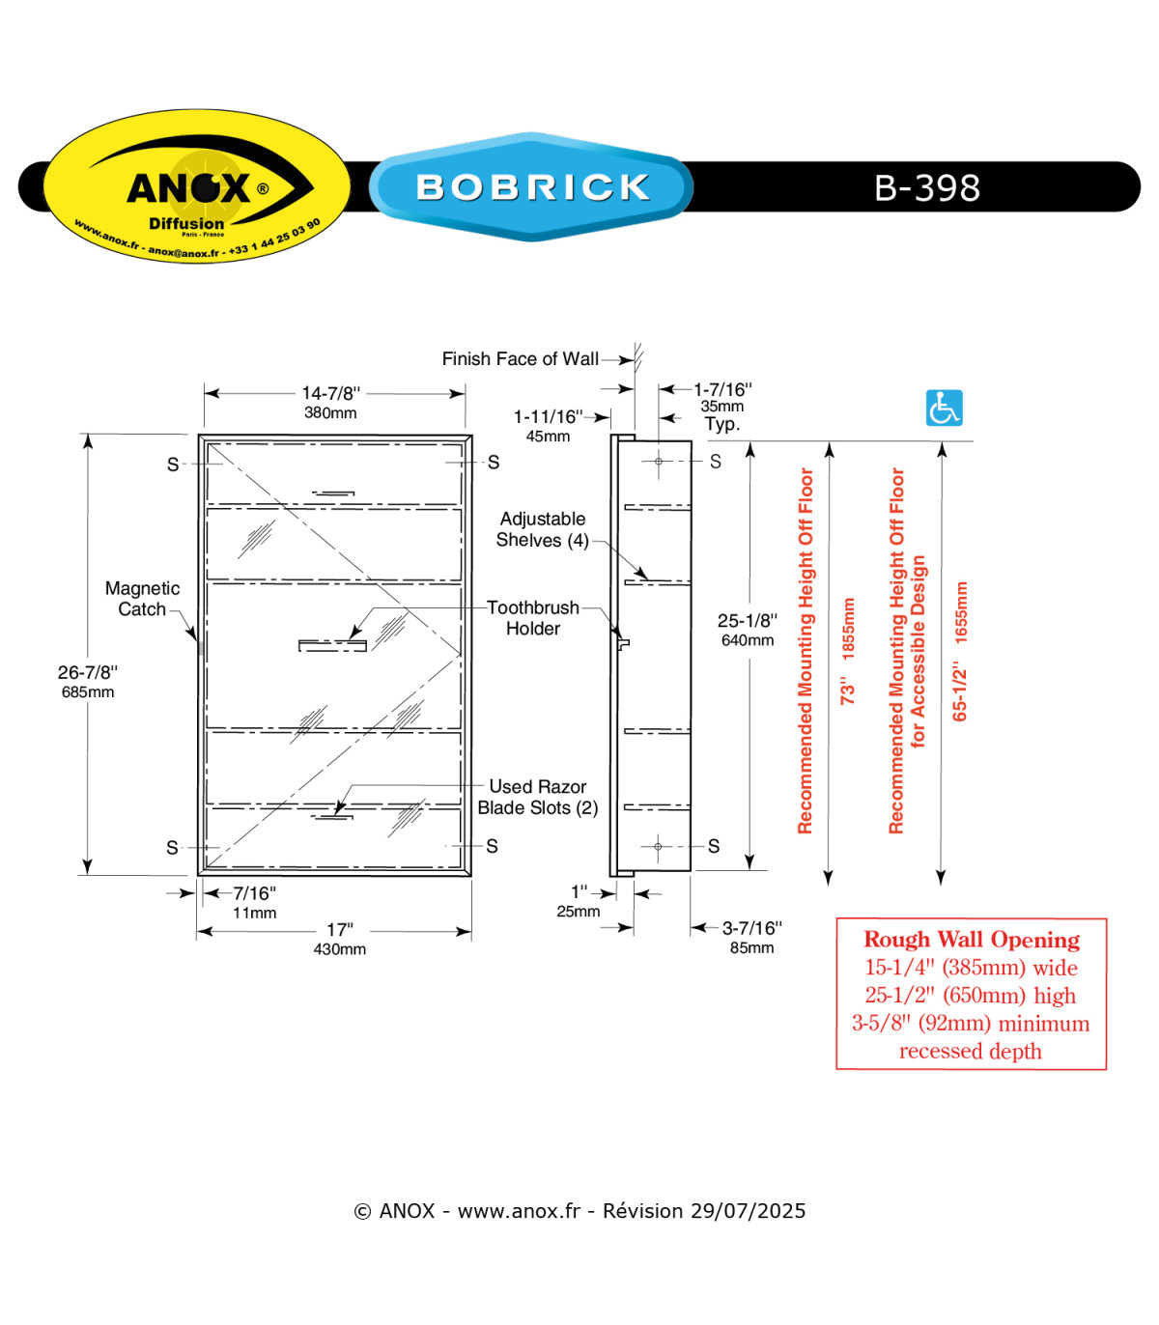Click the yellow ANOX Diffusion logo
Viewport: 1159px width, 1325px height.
pos(197,185)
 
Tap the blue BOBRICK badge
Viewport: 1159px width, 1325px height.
pos(531,186)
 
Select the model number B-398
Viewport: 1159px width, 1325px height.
pos(926,187)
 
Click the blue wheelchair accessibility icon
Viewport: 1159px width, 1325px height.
pos(944,408)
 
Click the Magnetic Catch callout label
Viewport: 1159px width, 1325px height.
pos(142,599)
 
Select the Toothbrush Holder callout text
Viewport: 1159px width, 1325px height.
pos(533,618)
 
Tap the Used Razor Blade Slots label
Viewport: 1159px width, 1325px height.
pos(537,797)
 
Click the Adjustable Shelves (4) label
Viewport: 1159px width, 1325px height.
pos(543,529)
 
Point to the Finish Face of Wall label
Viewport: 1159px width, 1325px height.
pos(520,358)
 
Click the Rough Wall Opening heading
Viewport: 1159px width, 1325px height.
pos(972,940)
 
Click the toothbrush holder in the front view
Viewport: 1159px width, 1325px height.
pos(332,646)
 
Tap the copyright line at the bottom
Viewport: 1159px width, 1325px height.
pos(579,1211)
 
